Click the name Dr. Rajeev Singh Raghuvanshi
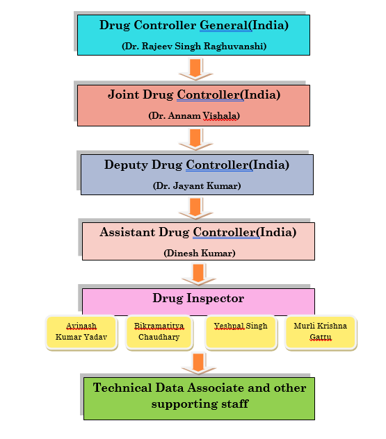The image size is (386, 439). coord(194,47)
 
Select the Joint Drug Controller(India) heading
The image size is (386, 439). coord(194,94)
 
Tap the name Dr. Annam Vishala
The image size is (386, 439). coord(194,115)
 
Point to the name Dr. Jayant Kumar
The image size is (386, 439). coord(197,185)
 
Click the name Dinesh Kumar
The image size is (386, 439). coord(200,253)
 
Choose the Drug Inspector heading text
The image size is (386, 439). coord(198,298)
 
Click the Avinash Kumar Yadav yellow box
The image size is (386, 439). coord(81,332)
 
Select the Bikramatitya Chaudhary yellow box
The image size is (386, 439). coord(159,332)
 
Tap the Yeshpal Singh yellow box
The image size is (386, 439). coord(241,332)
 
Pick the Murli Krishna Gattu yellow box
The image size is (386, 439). coord(321,332)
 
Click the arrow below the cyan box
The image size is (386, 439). coord(195,69)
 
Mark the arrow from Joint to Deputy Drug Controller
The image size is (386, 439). coord(195,139)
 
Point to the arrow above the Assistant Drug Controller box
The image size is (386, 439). coord(195,208)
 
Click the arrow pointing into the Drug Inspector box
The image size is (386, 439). coord(198,274)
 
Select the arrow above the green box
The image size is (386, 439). coord(198,364)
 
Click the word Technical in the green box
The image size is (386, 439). coord(122,388)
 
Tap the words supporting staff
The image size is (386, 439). coord(200,404)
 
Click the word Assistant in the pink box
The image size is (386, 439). coord(127,232)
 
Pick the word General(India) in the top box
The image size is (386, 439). coord(244,25)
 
